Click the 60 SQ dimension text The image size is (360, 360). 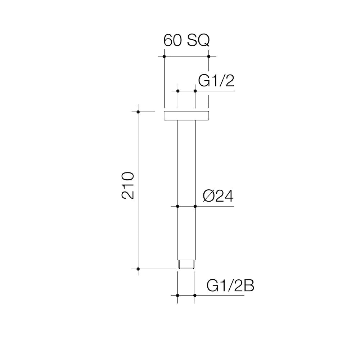pos(186,41)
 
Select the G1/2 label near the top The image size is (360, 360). pos(216,81)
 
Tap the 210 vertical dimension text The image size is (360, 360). pos(128,185)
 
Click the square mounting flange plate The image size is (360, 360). pos(186,116)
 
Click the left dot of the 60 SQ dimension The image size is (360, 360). pos(164,57)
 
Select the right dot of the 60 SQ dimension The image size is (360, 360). pos(208,57)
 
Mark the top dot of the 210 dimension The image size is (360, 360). pos(138,112)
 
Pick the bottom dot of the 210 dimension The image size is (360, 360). pos(138,269)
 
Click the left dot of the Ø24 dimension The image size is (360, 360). pos(178,206)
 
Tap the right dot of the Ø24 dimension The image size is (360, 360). pos(195,206)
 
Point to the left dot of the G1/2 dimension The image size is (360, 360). pos(178,91)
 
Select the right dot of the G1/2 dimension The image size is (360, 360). pos(195,91)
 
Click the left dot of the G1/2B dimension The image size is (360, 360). pos(178,295)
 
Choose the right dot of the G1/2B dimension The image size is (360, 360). pos(195,295)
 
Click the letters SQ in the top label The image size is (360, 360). pos(198,41)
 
